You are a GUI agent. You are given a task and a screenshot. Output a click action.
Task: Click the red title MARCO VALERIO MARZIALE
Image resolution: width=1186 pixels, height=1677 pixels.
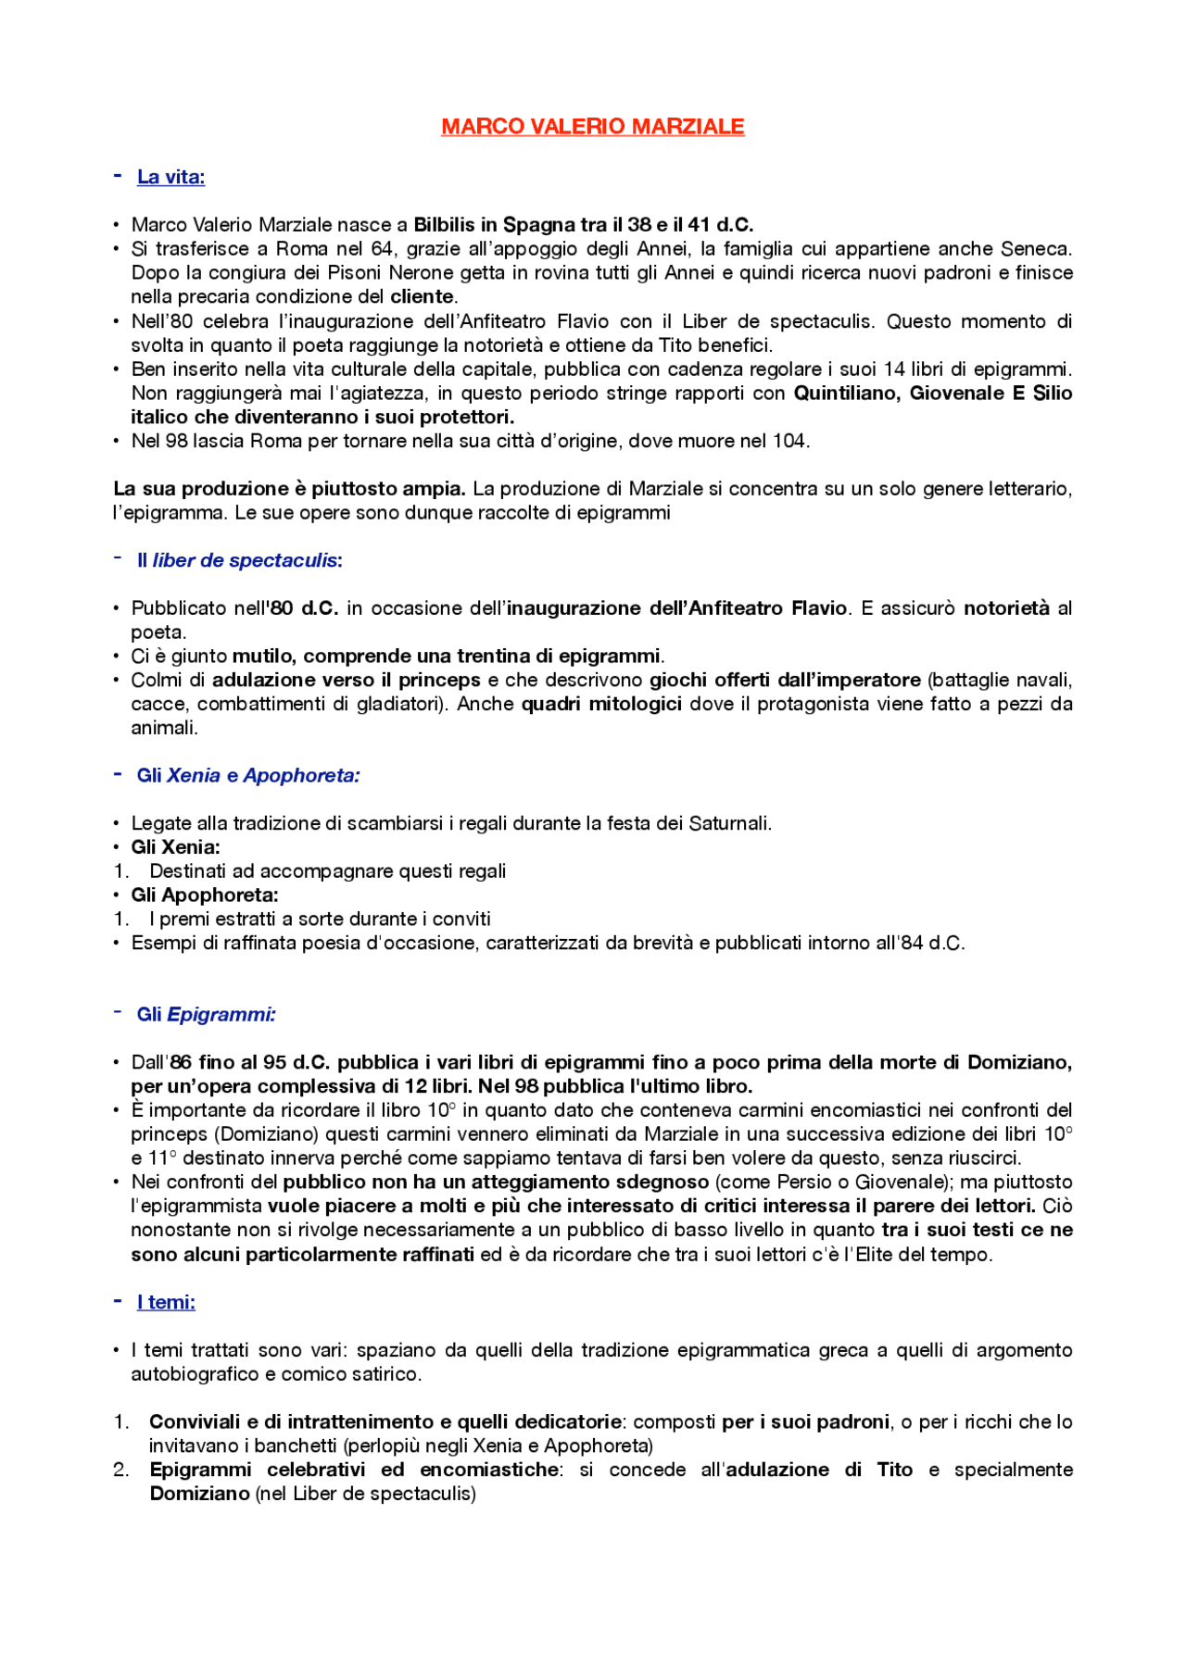pos(592,127)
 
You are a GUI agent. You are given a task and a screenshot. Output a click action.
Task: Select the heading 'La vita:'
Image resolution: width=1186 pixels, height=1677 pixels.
pos(170,177)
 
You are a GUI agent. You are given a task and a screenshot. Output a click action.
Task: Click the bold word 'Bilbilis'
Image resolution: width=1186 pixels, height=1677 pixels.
pos(444,225)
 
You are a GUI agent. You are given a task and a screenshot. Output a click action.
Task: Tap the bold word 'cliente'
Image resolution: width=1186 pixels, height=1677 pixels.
pos(422,297)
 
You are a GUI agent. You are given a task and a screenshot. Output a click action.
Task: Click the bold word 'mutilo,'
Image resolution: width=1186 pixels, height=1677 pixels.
pos(265,657)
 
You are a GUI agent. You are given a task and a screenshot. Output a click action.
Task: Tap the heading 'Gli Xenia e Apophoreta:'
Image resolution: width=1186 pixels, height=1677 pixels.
pos(247,776)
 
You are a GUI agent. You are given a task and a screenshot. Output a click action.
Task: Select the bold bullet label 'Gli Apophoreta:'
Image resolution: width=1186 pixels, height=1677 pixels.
pos(204,895)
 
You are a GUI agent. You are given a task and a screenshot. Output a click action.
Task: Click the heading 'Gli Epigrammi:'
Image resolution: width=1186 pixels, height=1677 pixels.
pos(206,1015)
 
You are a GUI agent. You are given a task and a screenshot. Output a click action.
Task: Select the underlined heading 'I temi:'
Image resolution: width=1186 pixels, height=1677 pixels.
pos(166,1303)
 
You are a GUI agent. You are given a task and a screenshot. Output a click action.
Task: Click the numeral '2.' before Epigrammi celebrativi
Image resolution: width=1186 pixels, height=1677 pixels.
pos(121,1471)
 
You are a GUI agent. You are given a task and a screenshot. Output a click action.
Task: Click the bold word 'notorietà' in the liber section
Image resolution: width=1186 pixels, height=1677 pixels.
pos(1006,608)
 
